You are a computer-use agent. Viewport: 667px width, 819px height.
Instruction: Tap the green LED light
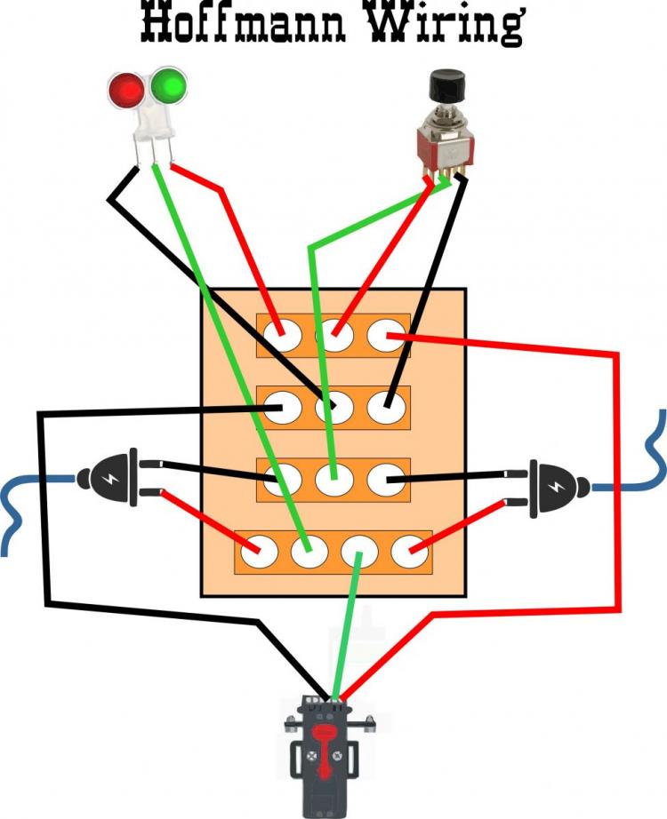(167, 87)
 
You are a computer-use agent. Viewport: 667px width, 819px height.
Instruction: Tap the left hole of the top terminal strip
(283, 335)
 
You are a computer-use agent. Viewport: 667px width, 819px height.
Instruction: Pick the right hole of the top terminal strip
(386, 336)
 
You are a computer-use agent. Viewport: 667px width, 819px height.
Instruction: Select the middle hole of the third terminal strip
(333, 480)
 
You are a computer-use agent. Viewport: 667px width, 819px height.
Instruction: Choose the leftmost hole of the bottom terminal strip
(257, 553)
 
